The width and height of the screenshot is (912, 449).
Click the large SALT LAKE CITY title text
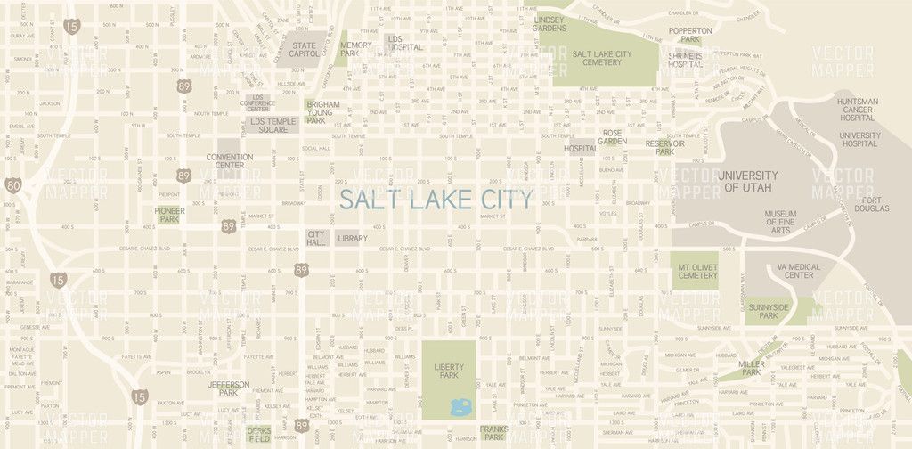[436, 198]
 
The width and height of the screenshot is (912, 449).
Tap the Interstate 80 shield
[12, 185]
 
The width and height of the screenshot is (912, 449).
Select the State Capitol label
[304, 49]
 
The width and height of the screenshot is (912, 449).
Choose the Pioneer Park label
[168, 215]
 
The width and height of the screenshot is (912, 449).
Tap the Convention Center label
[230, 161]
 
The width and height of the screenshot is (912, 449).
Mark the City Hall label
[317, 238]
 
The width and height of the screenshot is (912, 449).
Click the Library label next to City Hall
[353, 239]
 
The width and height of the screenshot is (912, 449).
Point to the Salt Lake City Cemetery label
[603, 58]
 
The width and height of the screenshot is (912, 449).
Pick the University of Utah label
[748, 182]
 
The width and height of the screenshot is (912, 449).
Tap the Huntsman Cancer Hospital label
[858, 110]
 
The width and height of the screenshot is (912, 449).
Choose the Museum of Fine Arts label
[780, 223]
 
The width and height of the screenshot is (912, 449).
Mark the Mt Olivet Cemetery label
[697, 271]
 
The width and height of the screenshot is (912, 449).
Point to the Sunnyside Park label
[769, 311]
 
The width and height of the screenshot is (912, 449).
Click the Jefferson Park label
[229, 388]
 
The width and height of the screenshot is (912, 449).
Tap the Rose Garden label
[612, 136]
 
